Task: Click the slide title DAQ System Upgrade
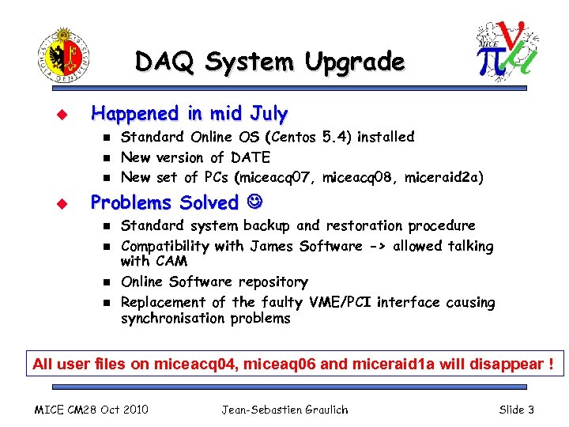(x=269, y=62)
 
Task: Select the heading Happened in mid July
(x=190, y=114)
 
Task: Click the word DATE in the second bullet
(x=251, y=157)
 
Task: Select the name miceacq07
(x=281, y=177)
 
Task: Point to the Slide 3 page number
(x=517, y=410)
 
